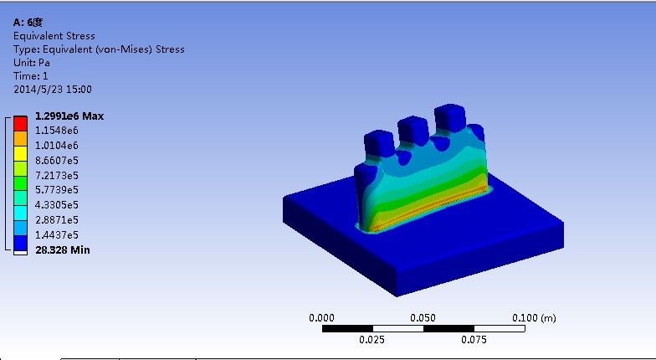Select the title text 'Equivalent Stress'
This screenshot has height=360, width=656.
[54, 36]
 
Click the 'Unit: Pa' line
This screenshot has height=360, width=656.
[32, 63]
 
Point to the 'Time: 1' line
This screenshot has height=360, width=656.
[31, 76]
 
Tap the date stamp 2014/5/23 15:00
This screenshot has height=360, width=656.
[53, 90]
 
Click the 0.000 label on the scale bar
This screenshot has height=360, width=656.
[322, 318]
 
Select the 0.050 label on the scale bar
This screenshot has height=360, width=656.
[423, 318]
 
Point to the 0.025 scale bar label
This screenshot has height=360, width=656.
[372, 340]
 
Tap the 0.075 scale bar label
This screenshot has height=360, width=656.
[474, 340]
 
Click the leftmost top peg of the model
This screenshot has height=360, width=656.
[378, 143]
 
